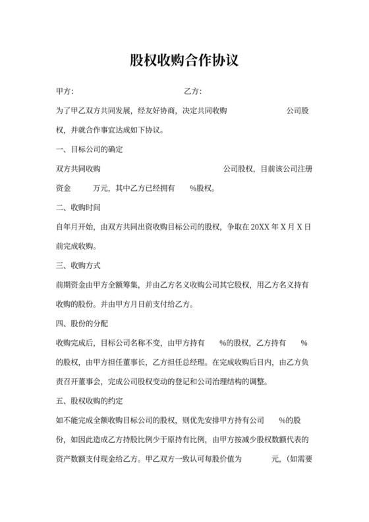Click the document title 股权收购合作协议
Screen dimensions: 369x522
184,61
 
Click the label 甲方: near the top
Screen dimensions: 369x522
65,92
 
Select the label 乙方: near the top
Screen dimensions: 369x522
192,92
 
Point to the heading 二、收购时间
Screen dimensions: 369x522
78,208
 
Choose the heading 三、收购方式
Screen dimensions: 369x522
78,266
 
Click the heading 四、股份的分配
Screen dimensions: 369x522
82,324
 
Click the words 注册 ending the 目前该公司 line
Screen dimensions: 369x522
304,169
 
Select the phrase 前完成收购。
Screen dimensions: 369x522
77,246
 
